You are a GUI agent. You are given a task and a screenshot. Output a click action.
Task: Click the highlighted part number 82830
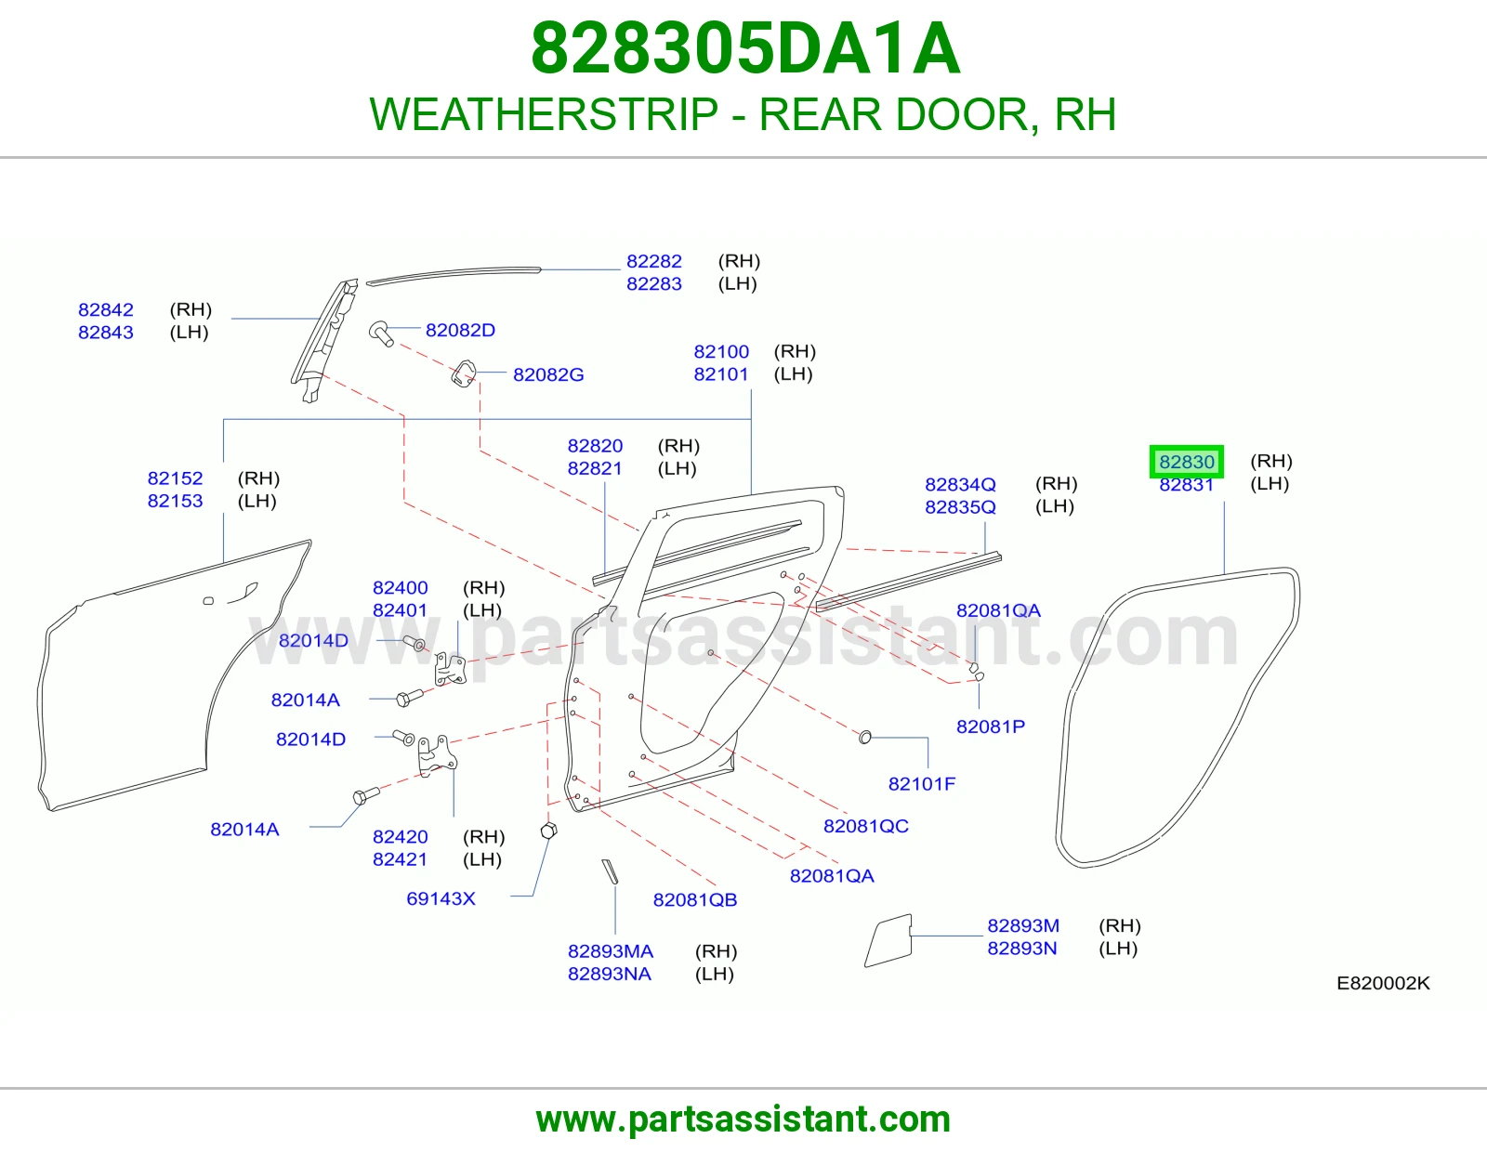click(1186, 462)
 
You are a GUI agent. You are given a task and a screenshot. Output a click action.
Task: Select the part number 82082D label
click(460, 331)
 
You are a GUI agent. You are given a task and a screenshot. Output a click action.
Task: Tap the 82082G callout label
click(548, 375)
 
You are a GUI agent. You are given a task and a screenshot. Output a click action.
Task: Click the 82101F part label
click(921, 784)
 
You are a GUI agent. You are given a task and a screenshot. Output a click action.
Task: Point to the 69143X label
click(441, 899)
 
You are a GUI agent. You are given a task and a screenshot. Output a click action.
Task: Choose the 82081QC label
click(865, 827)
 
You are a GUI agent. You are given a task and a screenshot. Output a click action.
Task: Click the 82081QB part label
click(694, 900)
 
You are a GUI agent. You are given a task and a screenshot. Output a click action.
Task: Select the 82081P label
click(990, 727)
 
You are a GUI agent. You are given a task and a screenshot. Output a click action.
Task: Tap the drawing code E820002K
click(1383, 983)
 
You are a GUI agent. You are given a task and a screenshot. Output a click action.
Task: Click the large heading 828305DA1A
click(745, 48)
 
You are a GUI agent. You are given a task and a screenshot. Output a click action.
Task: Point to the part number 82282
click(654, 261)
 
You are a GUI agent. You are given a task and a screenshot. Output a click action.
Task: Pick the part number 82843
click(105, 333)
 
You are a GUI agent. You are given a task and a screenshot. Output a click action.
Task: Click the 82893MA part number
click(611, 951)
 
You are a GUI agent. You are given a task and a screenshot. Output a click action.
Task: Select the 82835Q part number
click(960, 507)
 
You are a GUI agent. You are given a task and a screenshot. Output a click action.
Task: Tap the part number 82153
click(175, 502)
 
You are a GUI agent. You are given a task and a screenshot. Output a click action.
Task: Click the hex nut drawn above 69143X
click(548, 831)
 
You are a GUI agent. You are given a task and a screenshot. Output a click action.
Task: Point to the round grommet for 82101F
click(865, 737)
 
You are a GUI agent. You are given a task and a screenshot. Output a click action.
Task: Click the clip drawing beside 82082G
click(463, 374)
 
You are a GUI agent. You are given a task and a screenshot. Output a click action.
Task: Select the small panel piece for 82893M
click(888, 940)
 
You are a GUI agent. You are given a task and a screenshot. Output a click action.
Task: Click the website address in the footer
click(743, 1119)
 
